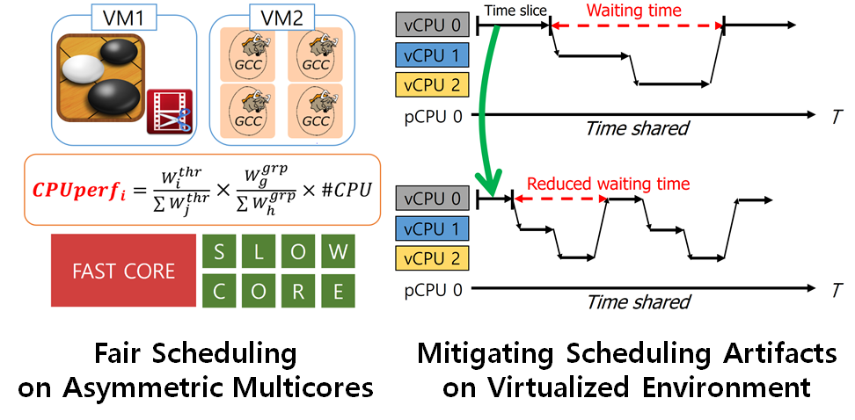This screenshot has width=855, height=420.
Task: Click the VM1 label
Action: [x=113, y=16]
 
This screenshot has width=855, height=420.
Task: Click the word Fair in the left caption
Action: [x=128, y=354]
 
